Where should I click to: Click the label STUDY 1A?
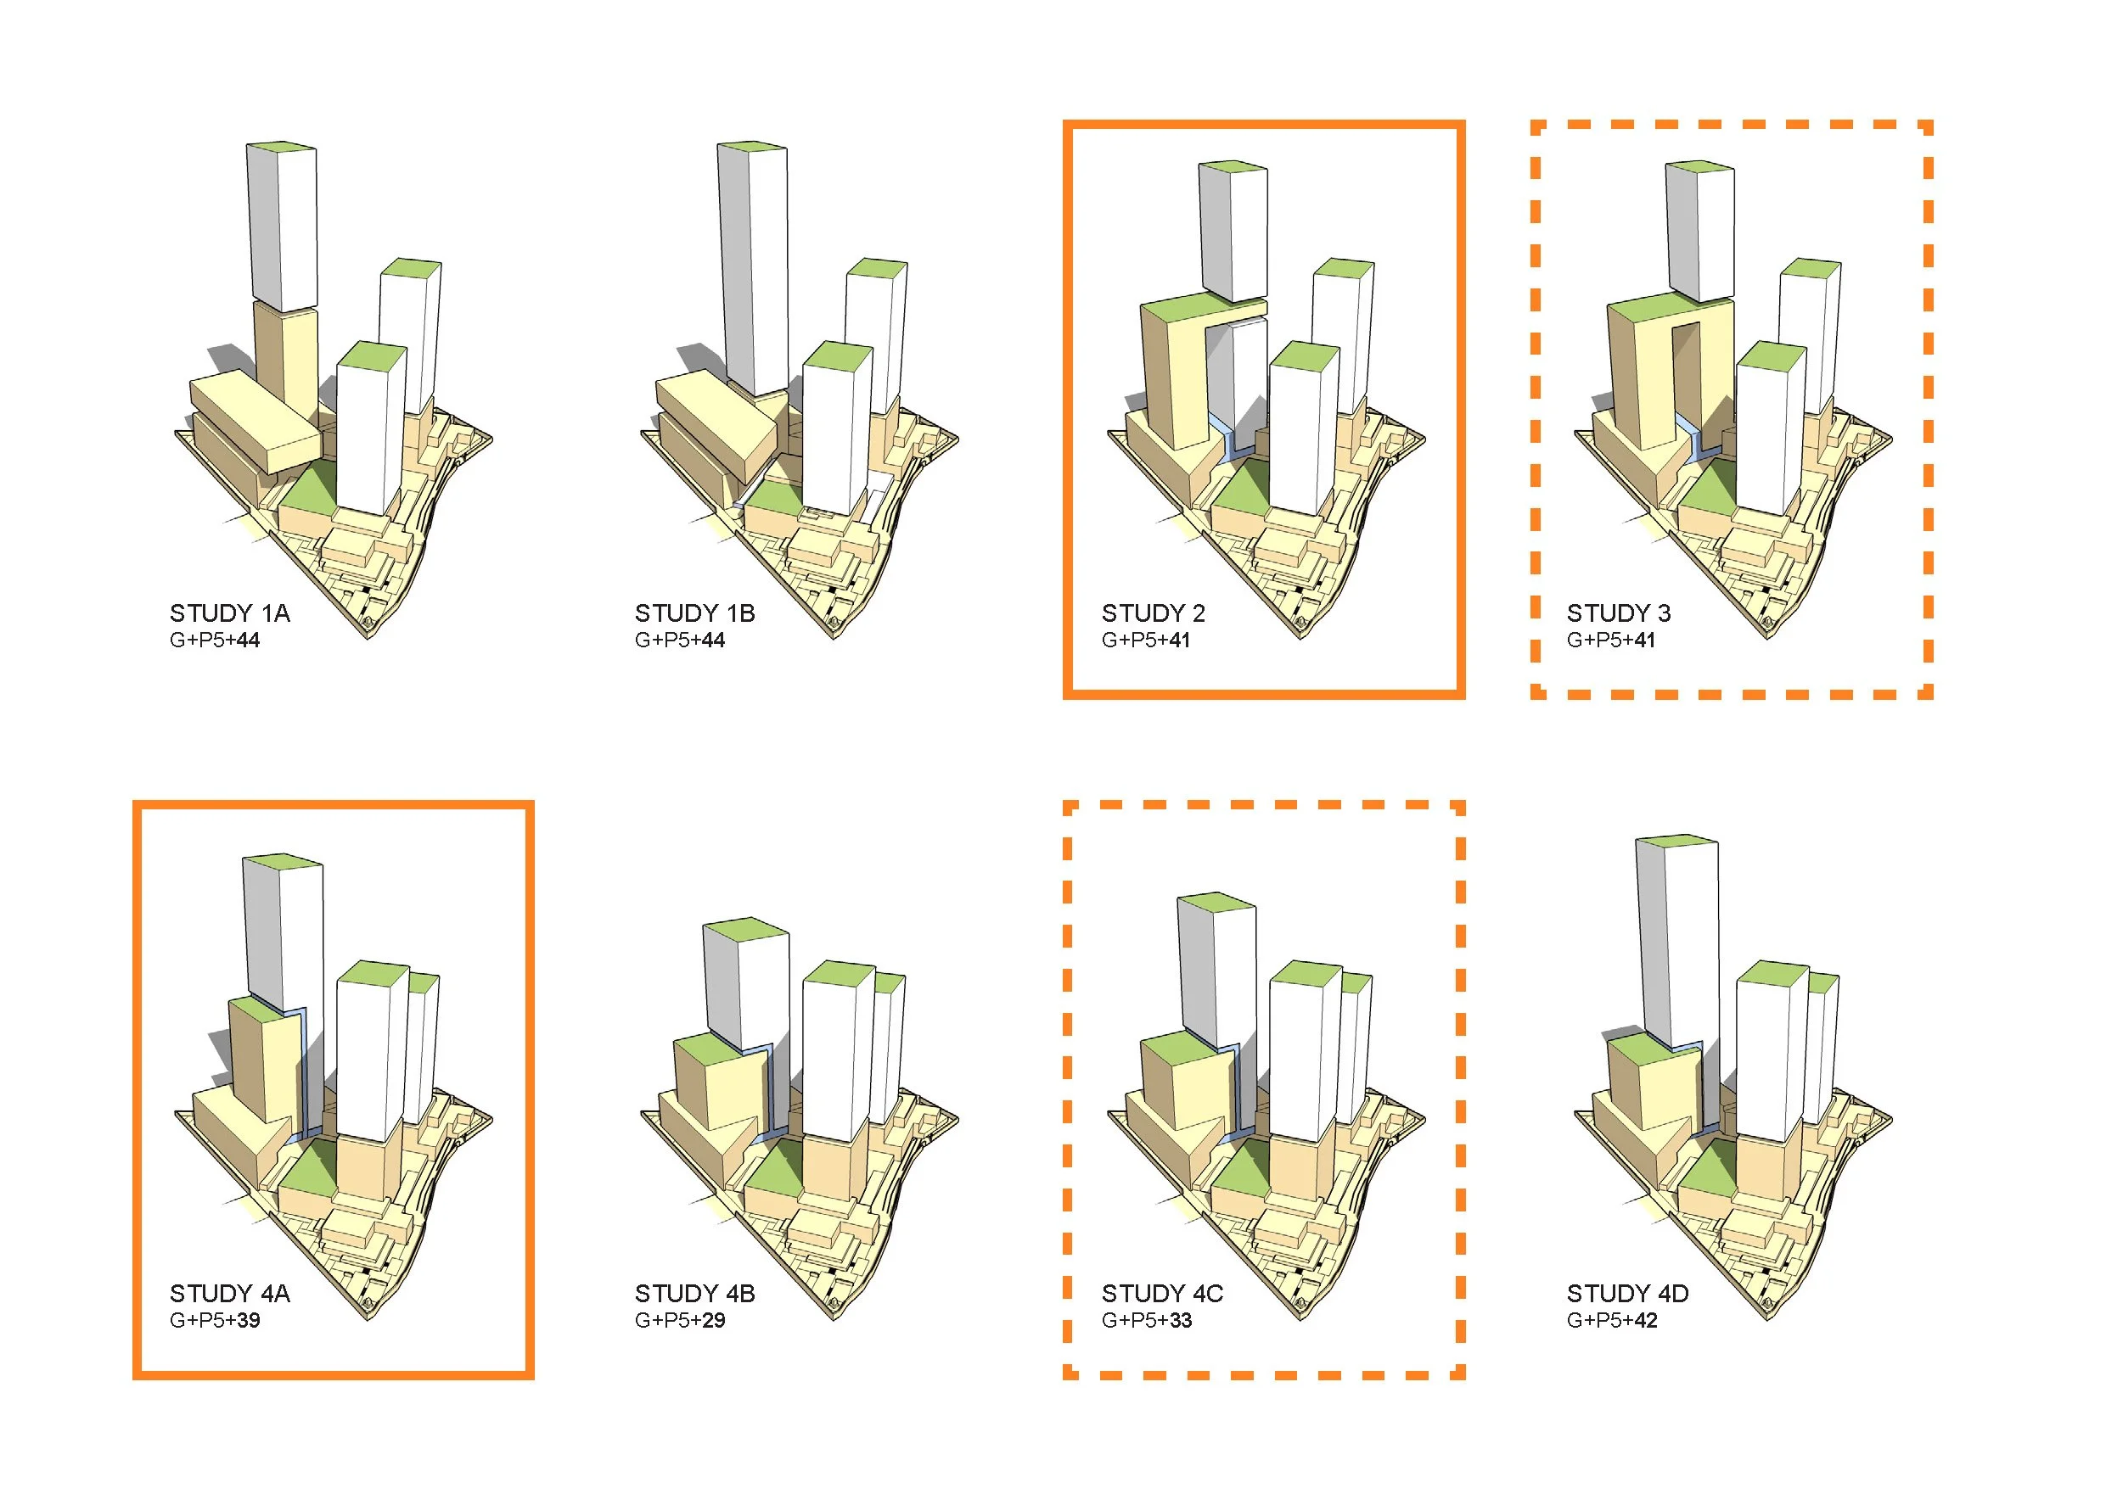point(229,613)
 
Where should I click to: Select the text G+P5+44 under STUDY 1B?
point(680,641)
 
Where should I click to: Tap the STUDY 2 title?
point(1153,613)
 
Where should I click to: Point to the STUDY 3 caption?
point(1618,613)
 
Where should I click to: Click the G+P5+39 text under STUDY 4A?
point(215,1320)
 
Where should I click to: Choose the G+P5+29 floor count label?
point(680,1320)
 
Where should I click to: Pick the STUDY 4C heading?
point(1162,1294)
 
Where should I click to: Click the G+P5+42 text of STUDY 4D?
point(1612,1320)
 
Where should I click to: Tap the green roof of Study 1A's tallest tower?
point(282,147)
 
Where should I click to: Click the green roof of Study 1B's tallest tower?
point(752,147)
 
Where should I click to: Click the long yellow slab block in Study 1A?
point(255,417)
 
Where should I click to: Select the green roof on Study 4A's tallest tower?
point(283,861)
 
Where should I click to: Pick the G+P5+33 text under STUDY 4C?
point(1147,1320)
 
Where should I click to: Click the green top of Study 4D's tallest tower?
point(1676,841)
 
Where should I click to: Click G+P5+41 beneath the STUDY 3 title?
point(1610,641)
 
